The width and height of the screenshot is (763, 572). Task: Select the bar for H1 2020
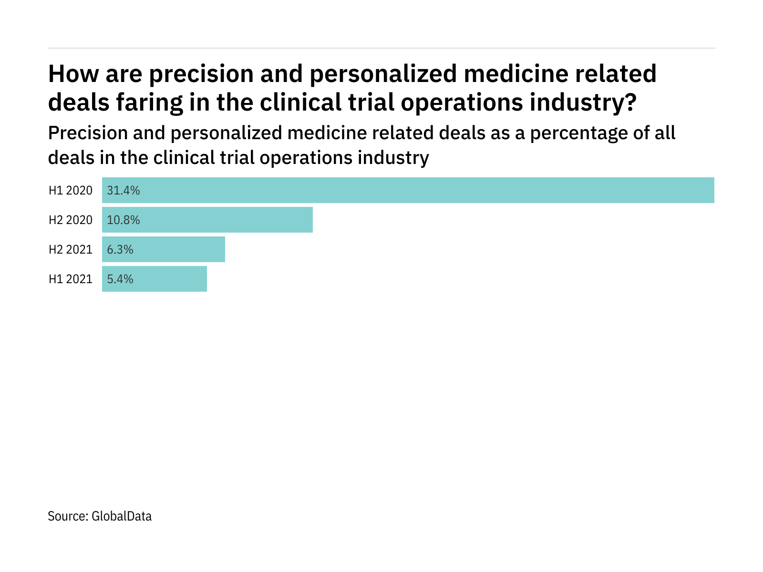tap(408, 190)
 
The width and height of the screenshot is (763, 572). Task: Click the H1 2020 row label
tap(71, 191)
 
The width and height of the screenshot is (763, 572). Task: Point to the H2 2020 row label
tap(71, 220)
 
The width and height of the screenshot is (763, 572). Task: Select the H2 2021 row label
tap(71, 250)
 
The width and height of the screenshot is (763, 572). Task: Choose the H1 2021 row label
tap(71, 279)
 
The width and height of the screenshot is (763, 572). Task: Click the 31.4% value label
tap(124, 191)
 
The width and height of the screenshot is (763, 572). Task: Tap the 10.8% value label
tap(124, 220)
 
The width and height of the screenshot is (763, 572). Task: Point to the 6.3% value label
tap(120, 250)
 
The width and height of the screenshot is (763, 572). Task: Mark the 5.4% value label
tap(120, 279)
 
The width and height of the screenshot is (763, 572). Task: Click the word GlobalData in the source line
tap(122, 516)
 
